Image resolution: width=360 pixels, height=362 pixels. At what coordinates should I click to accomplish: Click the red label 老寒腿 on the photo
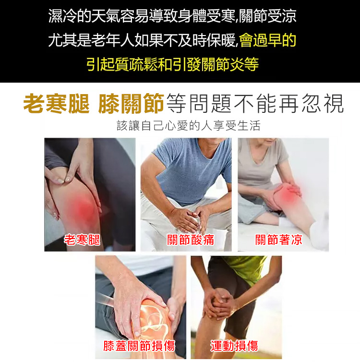[82, 240]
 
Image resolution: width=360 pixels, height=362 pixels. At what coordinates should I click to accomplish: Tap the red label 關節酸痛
[191, 240]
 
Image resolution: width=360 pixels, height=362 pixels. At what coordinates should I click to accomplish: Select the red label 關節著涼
[278, 240]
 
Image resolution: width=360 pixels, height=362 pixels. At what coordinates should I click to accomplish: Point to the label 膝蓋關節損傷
[139, 346]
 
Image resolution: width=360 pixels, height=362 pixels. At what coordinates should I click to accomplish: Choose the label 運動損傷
[234, 346]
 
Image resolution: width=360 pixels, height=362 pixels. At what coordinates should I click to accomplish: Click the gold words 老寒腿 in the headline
[57, 104]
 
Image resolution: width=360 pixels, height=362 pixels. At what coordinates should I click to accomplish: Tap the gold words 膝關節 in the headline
[131, 104]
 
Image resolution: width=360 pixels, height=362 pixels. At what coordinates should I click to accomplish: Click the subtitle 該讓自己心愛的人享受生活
[189, 126]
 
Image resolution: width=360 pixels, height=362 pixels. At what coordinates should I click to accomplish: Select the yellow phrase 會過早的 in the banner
[268, 40]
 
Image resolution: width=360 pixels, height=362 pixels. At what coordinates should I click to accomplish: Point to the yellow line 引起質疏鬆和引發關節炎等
[173, 64]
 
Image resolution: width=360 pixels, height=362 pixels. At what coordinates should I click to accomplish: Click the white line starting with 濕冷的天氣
[172, 16]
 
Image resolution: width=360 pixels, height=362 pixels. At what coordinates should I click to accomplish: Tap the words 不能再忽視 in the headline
[288, 104]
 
